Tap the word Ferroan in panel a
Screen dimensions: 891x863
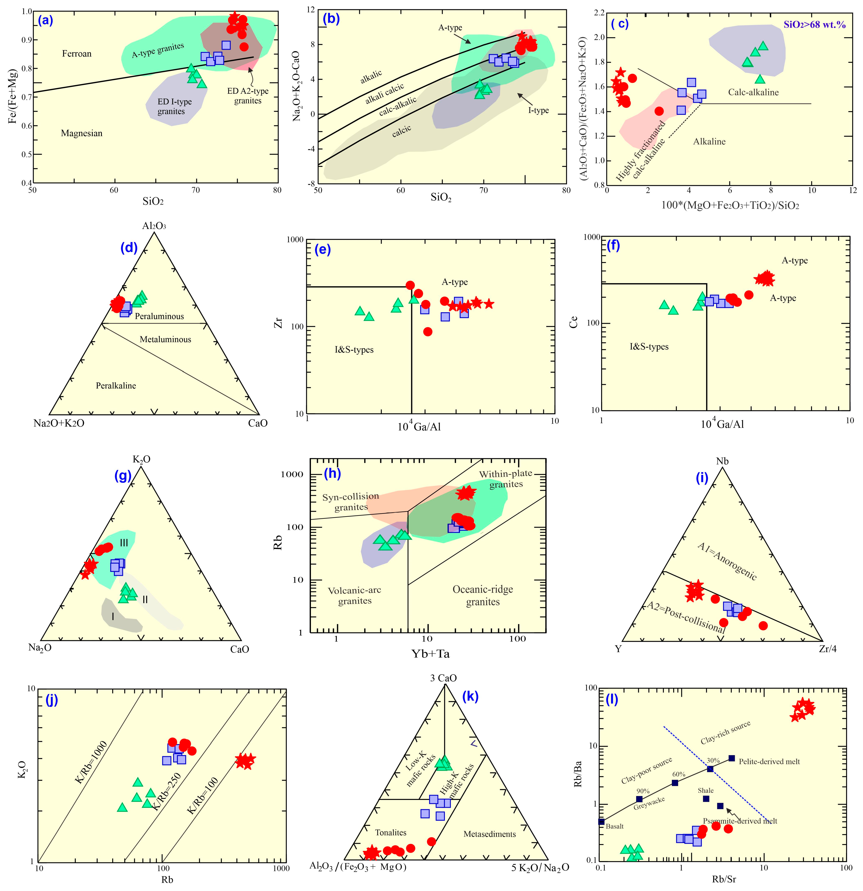coord(77,54)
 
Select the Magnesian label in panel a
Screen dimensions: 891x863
coord(82,133)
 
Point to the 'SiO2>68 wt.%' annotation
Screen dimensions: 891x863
coord(814,25)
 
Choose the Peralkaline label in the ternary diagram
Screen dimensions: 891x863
coord(116,385)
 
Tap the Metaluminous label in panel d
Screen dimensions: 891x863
coord(165,339)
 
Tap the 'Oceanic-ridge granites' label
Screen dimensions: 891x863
coord(483,595)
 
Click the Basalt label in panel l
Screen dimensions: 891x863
coord(615,826)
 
